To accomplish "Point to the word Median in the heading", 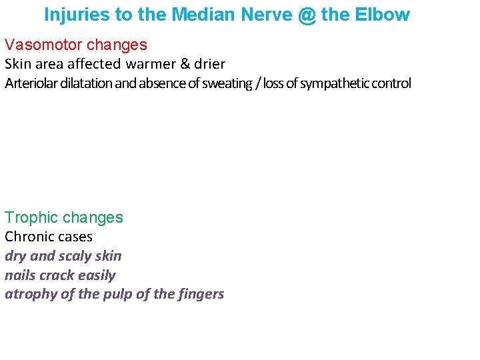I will point(199,15).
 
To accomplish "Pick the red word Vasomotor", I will point(43,45).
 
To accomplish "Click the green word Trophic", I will point(27,217).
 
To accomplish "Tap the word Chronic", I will point(26,237).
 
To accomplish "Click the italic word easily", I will point(97,275).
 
